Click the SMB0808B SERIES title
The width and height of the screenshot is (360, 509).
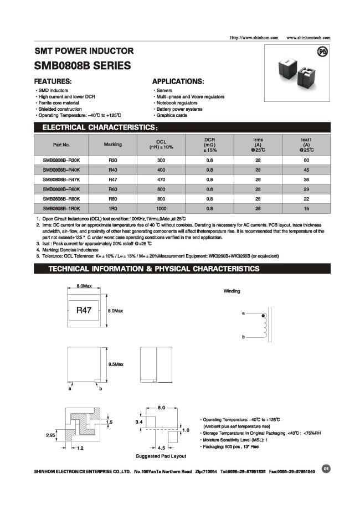click(x=83, y=66)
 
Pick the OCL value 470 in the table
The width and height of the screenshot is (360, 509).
click(x=161, y=179)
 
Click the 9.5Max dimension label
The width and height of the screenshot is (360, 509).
click(x=116, y=364)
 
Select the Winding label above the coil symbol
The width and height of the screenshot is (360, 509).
click(x=232, y=291)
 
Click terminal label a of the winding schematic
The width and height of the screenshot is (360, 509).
click(x=243, y=313)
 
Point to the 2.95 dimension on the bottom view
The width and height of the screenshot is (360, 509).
click(x=50, y=435)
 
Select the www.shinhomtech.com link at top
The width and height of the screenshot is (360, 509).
click(x=308, y=38)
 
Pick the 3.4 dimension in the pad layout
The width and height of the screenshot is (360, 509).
click(x=139, y=422)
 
